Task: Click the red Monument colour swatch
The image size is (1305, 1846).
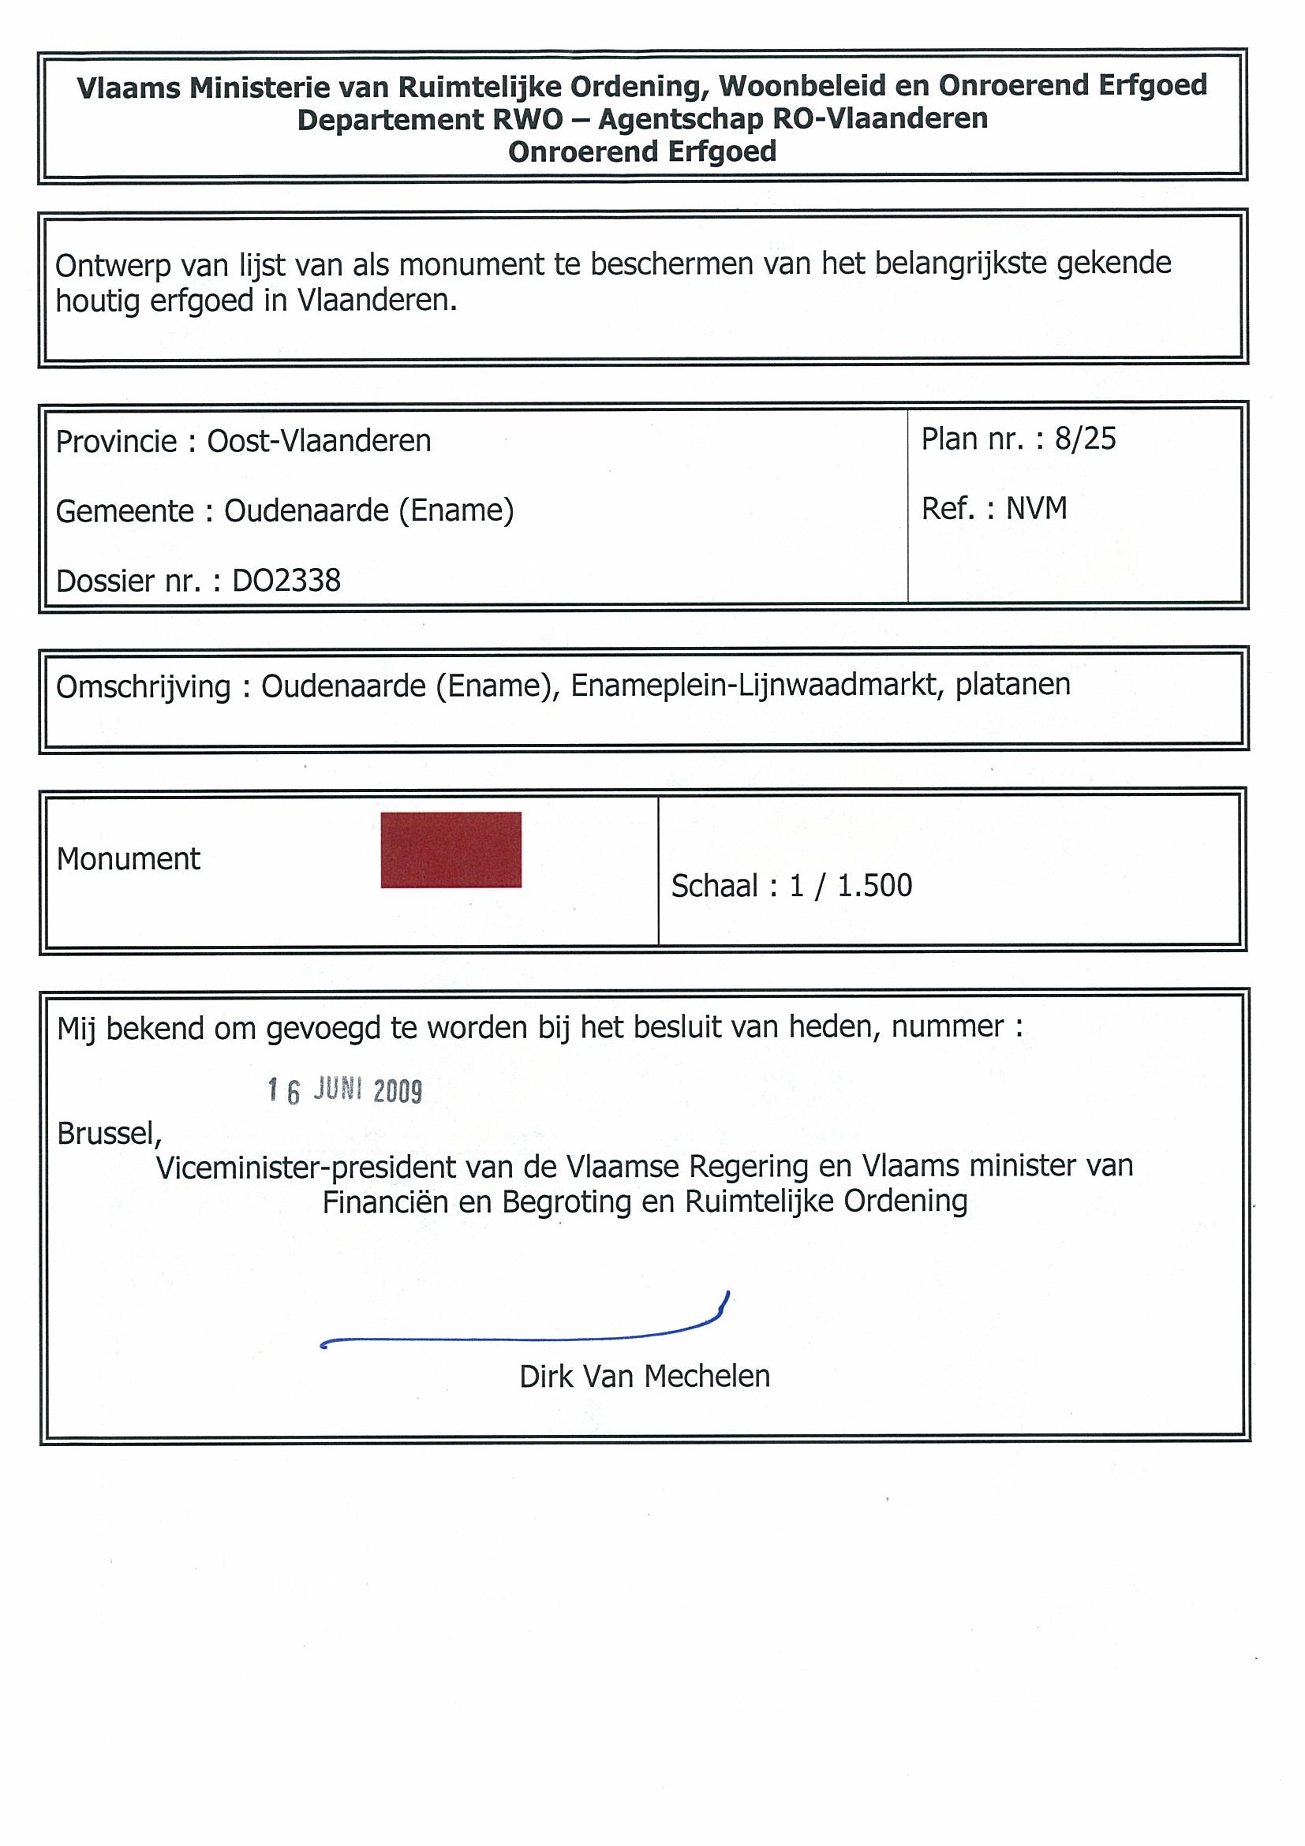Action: click(451, 850)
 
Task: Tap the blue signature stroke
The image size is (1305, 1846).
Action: click(522, 1338)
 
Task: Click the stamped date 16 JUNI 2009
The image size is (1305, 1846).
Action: click(345, 1091)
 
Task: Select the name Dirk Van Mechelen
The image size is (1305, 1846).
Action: click(644, 1377)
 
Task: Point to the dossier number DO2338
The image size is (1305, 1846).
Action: click(286, 581)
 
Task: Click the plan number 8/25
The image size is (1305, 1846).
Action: click(1086, 439)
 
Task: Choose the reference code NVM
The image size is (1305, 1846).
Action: click(1037, 509)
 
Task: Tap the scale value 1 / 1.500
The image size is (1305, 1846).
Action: click(851, 886)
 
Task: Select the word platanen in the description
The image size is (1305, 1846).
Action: click(1012, 685)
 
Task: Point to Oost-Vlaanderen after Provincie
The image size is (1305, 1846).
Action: click(320, 442)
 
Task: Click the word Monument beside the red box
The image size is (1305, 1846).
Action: click(128, 859)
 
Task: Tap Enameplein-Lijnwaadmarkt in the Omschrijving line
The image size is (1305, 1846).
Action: click(755, 686)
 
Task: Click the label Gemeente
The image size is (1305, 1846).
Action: click(125, 511)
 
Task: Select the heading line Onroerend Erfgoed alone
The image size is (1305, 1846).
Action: click(642, 152)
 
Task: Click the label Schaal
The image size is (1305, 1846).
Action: click(714, 886)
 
